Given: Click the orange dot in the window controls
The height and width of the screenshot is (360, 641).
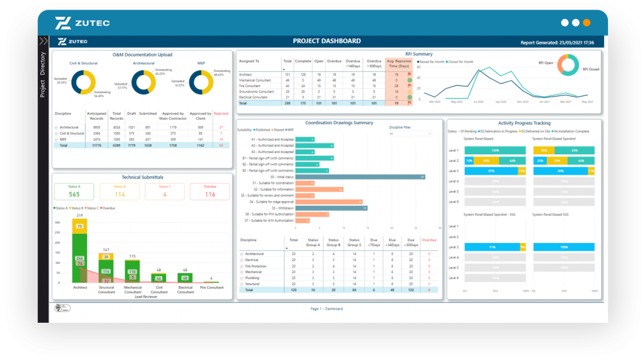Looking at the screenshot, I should [586, 23].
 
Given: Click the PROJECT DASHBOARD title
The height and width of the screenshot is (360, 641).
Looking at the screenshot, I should [327, 41].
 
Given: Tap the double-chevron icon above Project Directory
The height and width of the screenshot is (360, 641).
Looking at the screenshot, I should [43, 41].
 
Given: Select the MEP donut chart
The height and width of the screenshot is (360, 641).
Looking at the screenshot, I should [201, 82].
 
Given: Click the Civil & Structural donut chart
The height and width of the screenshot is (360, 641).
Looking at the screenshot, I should [83, 82].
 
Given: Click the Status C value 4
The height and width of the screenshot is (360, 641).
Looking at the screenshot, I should [164, 194].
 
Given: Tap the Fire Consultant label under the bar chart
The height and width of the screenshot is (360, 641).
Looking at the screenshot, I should [211, 288].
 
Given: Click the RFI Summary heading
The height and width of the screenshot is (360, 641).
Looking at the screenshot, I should [418, 54].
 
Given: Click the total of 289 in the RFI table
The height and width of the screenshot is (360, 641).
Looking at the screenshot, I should [287, 103].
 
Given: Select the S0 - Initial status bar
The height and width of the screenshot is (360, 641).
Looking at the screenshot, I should [360, 177].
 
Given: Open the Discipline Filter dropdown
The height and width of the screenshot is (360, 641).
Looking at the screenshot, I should [411, 134].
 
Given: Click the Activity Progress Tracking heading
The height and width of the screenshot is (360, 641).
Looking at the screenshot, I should [524, 123].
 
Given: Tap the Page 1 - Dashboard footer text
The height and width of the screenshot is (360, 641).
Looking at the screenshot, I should [327, 309].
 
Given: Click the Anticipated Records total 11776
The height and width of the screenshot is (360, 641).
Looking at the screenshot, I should [97, 145].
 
